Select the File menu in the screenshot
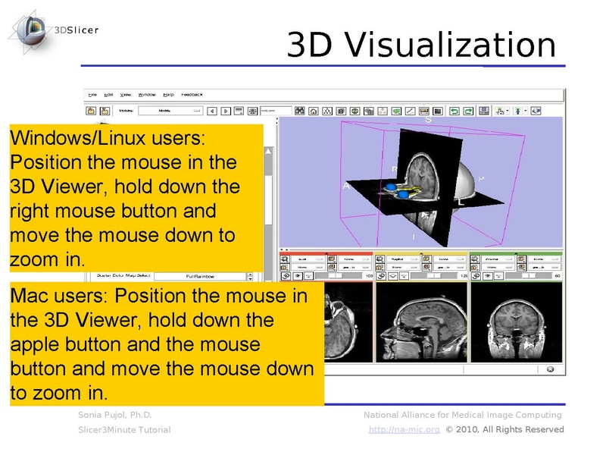92,95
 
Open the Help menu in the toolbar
167,95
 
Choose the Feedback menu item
192,95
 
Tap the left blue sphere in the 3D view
392,186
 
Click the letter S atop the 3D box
428,120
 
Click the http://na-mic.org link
405,430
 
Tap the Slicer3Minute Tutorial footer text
124,430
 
